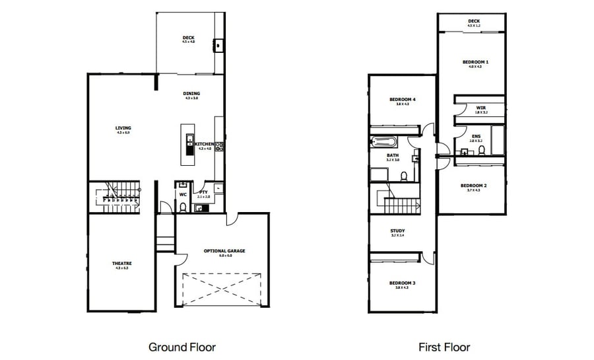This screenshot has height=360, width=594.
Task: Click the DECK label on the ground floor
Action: click(189, 38)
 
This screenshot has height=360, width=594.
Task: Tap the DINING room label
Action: click(191, 94)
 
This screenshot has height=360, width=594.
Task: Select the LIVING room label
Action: click(123, 128)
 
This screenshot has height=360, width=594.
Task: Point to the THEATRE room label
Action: click(122, 264)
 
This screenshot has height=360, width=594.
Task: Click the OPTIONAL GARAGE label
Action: click(224, 251)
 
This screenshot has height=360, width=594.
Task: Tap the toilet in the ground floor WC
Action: click(183, 207)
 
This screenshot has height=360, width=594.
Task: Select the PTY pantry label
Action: click(204, 193)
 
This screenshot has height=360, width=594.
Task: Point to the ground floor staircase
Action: click(119, 196)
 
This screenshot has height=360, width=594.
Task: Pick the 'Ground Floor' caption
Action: click(181, 347)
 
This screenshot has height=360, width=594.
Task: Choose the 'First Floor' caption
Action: click(444, 347)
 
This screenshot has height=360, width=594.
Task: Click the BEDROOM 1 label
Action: click(475, 61)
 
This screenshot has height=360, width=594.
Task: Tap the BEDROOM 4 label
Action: click(402, 100)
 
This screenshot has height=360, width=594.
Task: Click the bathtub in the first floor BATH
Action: click(383, 141)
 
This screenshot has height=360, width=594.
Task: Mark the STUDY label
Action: click(397, 231)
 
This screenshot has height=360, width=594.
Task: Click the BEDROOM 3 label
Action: click(402, 283)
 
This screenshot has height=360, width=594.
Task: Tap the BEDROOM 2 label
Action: click(473, 186)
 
